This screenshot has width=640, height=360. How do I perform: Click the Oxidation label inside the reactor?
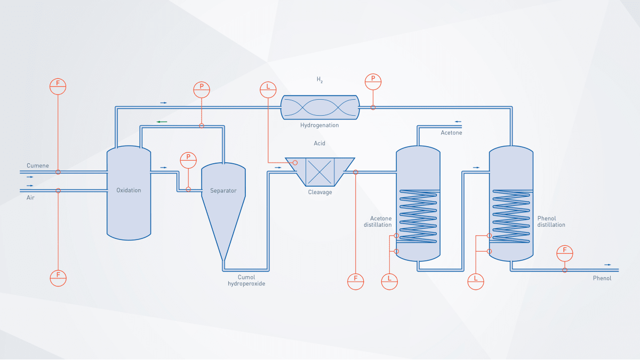[x=129, y=190]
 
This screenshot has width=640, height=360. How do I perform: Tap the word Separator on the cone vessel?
[x=223, y=190]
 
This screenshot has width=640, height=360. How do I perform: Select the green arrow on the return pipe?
[x=162, y=122]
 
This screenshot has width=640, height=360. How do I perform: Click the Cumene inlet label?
[x=38, y=166]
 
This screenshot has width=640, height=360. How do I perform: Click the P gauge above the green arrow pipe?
[x=202, y=89]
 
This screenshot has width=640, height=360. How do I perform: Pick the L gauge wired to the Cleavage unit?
[x=268, y=89]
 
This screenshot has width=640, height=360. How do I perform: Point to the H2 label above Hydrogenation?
[x=319, y=80]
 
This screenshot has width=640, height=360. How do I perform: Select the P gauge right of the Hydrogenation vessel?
[x=373, y=82]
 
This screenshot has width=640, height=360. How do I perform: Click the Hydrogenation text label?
[x=319, y=125]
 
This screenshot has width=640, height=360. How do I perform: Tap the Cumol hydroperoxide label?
[x=246, y=281]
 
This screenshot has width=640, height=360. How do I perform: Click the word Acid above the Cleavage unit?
[x=319, y=143]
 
